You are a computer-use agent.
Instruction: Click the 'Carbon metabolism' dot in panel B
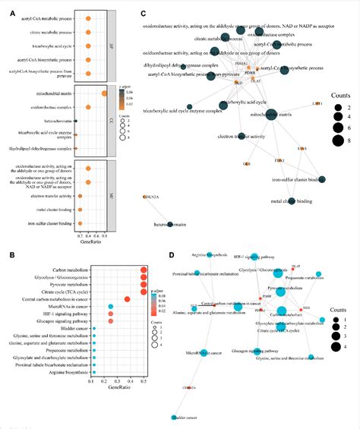point(144,270)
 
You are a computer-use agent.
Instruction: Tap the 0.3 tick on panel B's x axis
point(115,382)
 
